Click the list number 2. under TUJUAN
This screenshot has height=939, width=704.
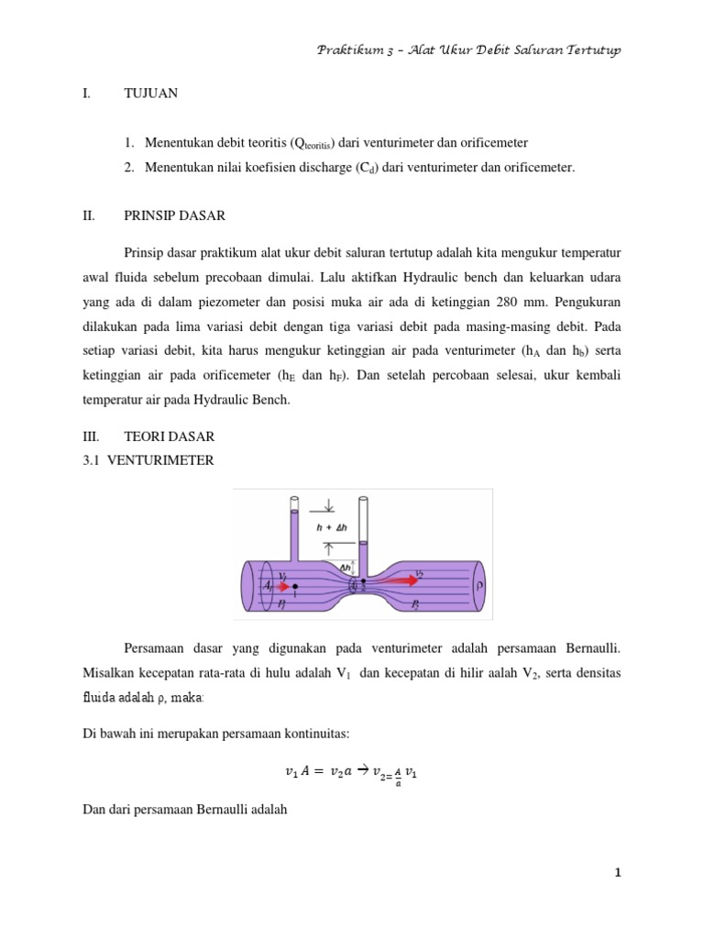click(132, 167)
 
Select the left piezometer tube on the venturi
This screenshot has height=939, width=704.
click(294, 532)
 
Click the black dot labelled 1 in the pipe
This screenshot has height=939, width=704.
click(295, 586)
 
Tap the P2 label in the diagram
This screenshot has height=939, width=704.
click(416, 606)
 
